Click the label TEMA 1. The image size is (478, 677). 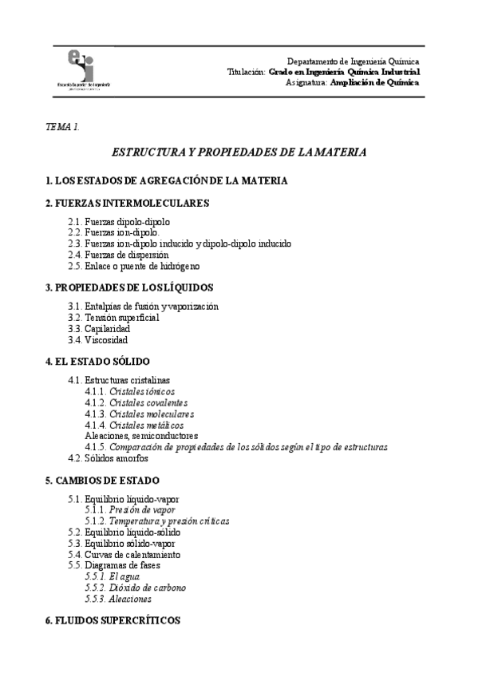pos(63,127)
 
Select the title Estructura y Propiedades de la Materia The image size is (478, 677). pos(239,152)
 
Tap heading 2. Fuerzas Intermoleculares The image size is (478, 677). pos(128,203)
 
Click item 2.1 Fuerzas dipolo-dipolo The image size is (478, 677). pos(119,221)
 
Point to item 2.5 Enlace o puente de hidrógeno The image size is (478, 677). pos(133,266)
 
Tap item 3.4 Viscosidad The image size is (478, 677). pos(98,339)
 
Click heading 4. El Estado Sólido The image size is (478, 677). pos(98,361)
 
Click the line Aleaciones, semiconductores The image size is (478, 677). pos(141,437)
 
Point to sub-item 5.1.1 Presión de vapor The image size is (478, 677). pos(130,509)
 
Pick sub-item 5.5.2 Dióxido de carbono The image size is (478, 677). pos(135,587)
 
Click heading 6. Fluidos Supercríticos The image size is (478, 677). pos(113,620)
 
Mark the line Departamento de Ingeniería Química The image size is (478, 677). pos(354,61)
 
